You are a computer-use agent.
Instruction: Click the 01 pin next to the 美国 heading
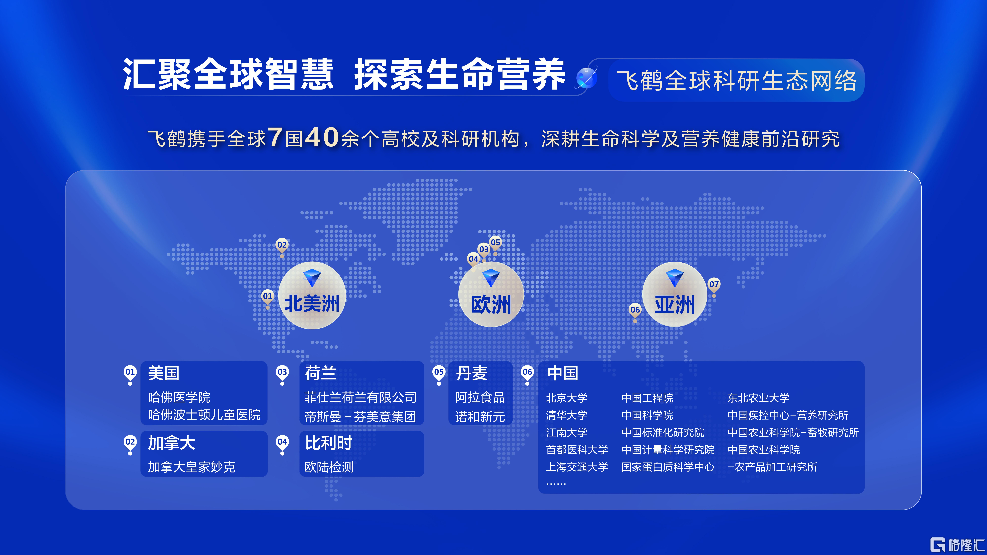(130, 374)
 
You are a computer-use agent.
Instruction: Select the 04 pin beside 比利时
(282, 444)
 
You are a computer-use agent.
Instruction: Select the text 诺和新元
(480, 417)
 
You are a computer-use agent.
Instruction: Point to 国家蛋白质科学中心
(668, 467)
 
